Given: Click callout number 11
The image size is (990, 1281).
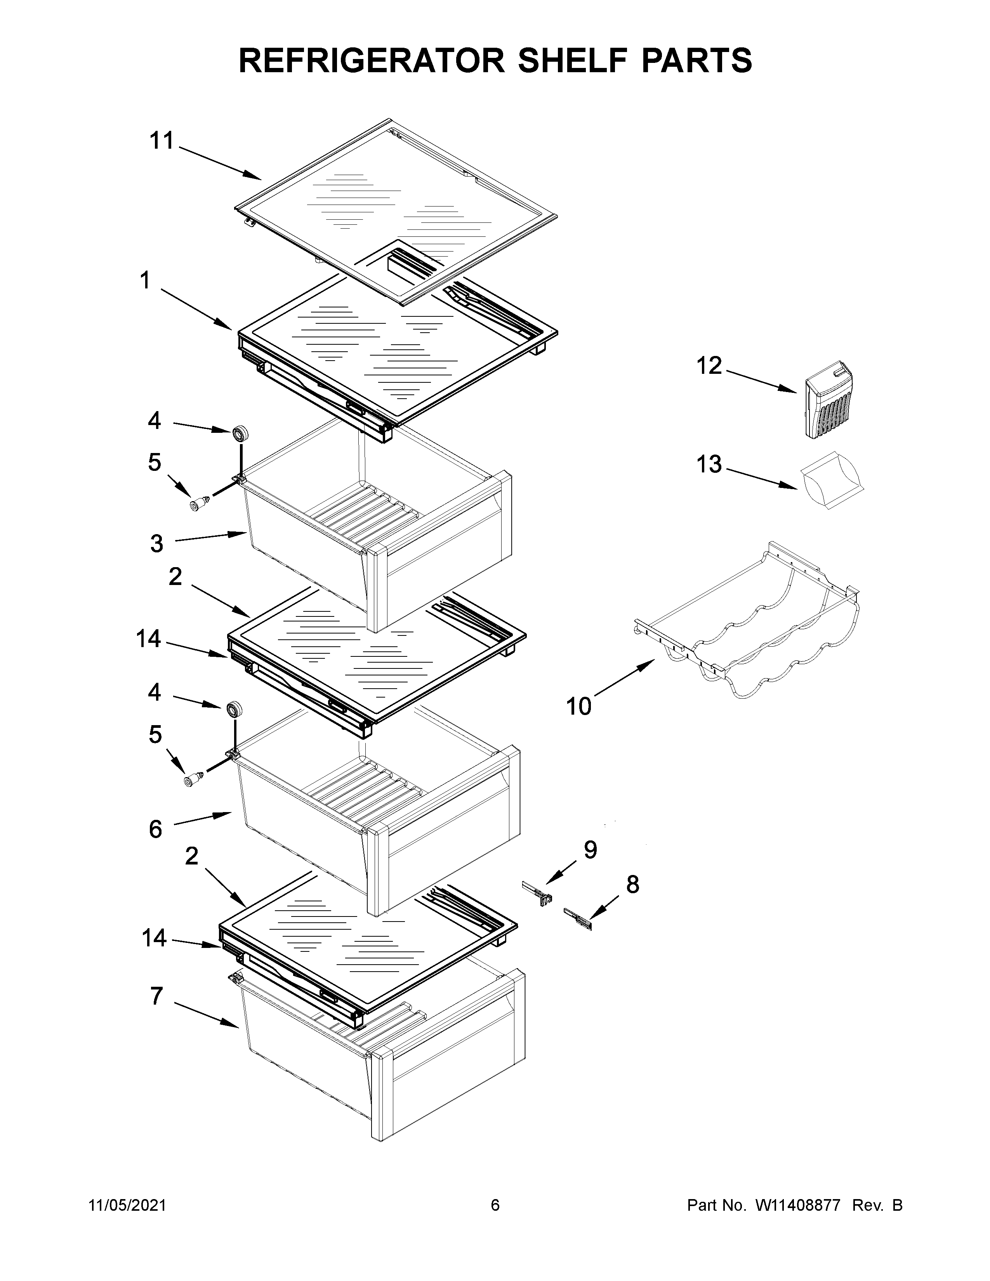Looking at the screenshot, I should [x=162, y=141].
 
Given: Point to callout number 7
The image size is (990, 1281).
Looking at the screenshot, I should [x=156, y=996].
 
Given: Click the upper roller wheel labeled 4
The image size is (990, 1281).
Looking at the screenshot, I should [x=240, y=435].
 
